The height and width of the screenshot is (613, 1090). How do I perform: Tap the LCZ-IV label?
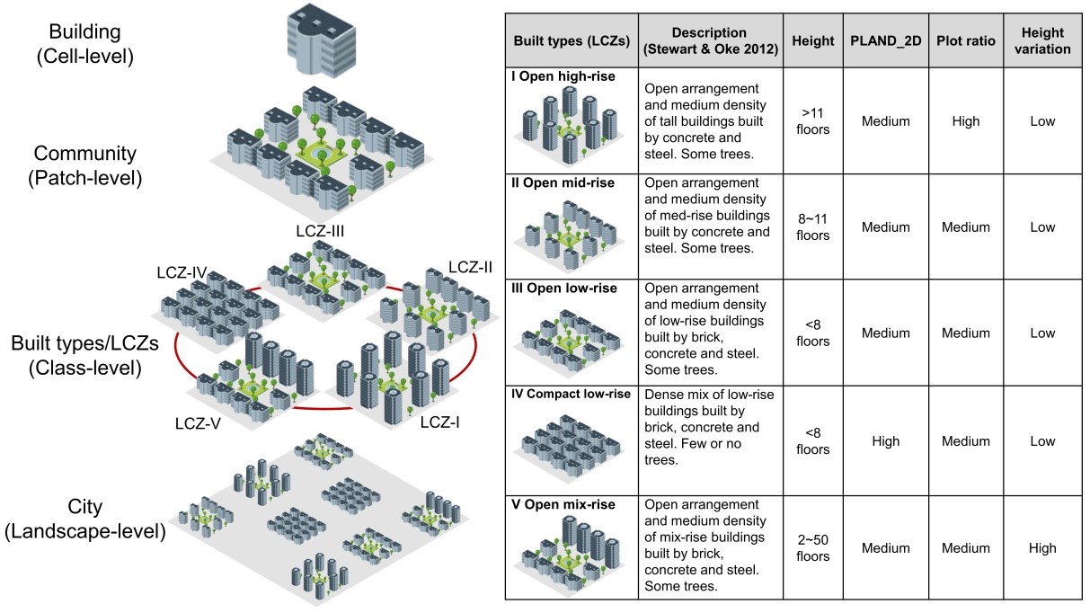pos(183,271)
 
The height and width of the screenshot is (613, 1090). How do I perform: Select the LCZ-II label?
pos(470,267)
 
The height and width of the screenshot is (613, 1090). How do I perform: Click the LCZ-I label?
pos(440,420)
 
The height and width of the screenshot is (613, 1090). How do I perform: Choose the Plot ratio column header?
pos(965,41)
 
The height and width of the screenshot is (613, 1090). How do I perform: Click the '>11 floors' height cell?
pos(811,121)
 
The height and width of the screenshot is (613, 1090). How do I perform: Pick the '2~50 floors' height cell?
pos(811,548)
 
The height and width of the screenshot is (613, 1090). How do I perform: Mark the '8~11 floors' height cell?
pos(811,227)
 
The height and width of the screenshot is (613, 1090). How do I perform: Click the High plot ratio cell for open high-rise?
pos(965,121)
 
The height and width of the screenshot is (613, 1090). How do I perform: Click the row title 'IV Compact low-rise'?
pos(572,395)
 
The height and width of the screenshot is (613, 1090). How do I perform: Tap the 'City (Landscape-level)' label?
pos(85,519)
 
